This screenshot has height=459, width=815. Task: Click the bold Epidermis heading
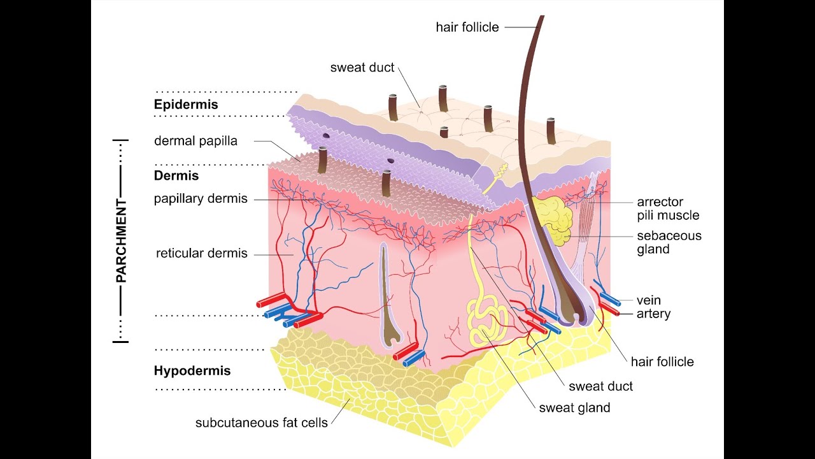pyautogui.click(x=186, y=105)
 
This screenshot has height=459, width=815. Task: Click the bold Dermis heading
pyautogui.click(x=176, y=176)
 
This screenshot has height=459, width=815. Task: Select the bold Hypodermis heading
pyautogui.click(x=192, y=370)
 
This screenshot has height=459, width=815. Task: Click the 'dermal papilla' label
pyautogui.click(x=195, y=141)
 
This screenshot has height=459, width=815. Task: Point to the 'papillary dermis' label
pyautogui.click(x=201, y=198)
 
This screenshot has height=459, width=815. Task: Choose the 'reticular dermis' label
pyautogui.click(x=201, y=253)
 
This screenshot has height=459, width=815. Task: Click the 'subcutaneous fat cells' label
pyautogui.click(x=261, y=422)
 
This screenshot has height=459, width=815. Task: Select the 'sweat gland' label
pyautogui.click(x=574, y=408)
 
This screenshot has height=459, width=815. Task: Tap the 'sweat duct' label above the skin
pyautogui.click(x=362, y=68)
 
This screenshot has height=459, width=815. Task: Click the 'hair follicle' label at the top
pyautogui.click(x=467, y=27)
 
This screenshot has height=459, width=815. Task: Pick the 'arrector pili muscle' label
pyautogui.click(x=668, y=209)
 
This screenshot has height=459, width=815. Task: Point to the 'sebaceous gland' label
pyautogui.click(x=669, y=242)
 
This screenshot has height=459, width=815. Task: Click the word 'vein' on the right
pyautogui.click(x=649, y=300)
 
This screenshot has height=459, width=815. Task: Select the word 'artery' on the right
pyautogui.click(x=653, y=314)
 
